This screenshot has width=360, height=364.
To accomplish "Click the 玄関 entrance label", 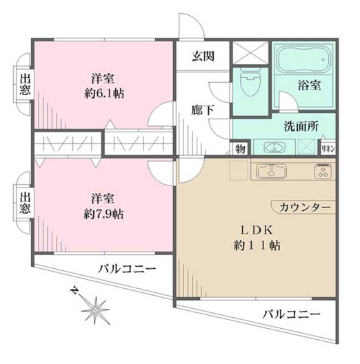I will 202,57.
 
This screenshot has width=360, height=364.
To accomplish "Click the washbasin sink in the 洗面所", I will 272,147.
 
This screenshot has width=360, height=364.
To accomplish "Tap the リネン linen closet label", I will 328,148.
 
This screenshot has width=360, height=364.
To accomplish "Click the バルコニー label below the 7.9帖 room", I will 126,269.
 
